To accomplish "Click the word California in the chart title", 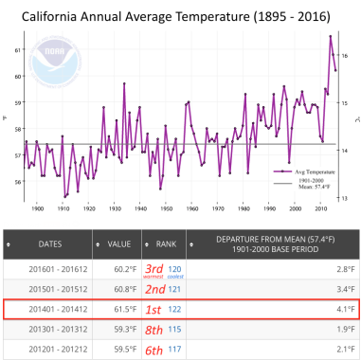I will (x=55, y=14).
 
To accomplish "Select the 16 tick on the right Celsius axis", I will (x=348, y=56).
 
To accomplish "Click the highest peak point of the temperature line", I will (x=331, y=36).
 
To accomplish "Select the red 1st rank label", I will (x=153, y=308).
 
